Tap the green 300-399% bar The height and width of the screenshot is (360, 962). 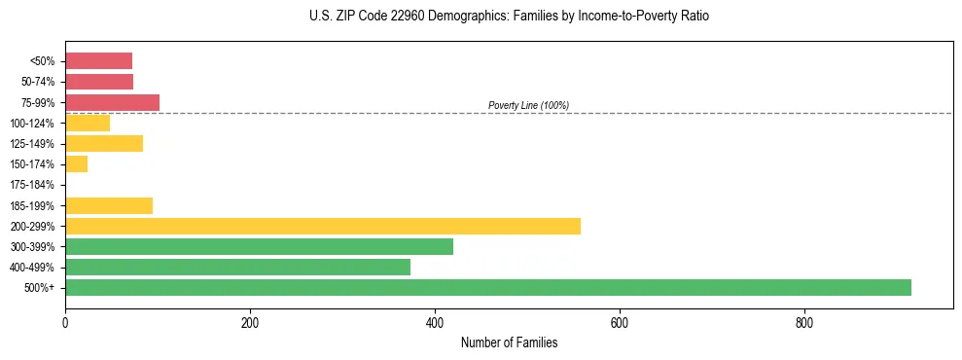(259, 246)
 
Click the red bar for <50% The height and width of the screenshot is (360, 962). (98, 61)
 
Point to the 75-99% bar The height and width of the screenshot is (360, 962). (112, 102)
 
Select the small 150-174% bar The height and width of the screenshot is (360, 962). (76, 163)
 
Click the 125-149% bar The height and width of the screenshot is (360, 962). (104, 143)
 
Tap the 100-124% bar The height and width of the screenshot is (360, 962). (88, 123)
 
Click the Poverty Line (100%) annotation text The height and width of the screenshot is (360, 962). (528, 105)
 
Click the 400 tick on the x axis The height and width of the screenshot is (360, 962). (435, 322)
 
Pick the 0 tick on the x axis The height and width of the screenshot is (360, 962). (65, 322)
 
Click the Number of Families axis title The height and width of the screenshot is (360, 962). (509, 342)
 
